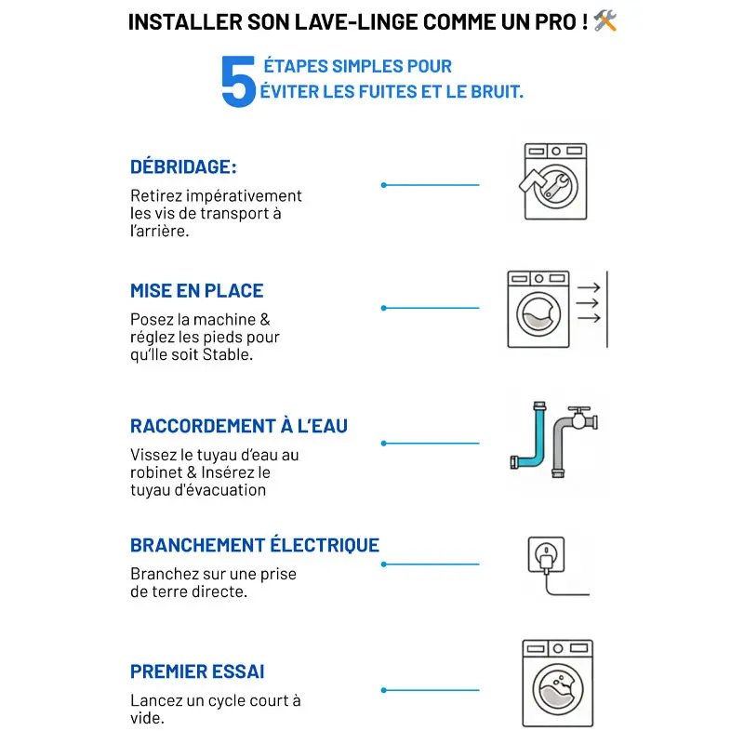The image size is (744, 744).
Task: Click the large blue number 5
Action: click(238, 81)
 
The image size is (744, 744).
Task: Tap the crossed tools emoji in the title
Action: click(605, 20)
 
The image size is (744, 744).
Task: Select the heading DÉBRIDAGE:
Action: click(183, 167)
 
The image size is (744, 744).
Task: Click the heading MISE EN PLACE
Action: click(197, 291)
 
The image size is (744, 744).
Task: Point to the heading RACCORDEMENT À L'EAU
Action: click(239, 426)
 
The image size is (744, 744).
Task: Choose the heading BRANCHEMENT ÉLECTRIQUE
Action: click(255, 545)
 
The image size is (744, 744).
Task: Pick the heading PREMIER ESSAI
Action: click(197, 671)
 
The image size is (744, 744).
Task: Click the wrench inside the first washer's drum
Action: click(556, 187)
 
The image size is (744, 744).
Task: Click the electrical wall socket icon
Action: click(546, 554)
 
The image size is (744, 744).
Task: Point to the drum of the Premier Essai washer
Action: click(557, 689)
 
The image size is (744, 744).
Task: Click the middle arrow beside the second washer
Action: click(588, 303)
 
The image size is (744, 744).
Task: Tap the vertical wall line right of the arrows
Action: click(607, 310)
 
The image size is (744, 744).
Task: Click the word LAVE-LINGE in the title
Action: click(356, 21)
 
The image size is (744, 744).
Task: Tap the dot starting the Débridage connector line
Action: click(383, 185)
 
